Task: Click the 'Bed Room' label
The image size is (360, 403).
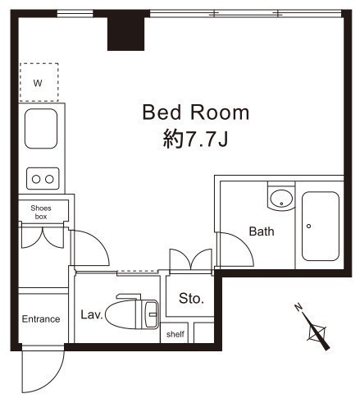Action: [196, 112]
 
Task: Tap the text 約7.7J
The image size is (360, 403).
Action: [195, 139]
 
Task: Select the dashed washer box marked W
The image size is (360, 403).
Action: [39, 82]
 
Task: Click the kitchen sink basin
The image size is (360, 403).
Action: [41, 129]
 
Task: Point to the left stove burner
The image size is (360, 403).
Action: [36, 179]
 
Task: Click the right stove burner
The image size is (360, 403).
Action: [49, 179]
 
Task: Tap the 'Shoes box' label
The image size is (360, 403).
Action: [41, 213]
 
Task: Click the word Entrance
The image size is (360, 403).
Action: [41, 319]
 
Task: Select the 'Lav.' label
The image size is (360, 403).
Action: [92, 314]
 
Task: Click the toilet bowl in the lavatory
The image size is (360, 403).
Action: [121, 314]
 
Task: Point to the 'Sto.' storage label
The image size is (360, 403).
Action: [191, 299]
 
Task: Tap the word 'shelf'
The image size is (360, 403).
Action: [175, 334]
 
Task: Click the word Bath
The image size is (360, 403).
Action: [262, 231]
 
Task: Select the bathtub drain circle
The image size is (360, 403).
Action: [308, 226]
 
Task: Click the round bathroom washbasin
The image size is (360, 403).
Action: [281, 198]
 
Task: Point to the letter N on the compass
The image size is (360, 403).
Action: [298, 307]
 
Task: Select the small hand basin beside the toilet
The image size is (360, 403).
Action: [151, 314]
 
